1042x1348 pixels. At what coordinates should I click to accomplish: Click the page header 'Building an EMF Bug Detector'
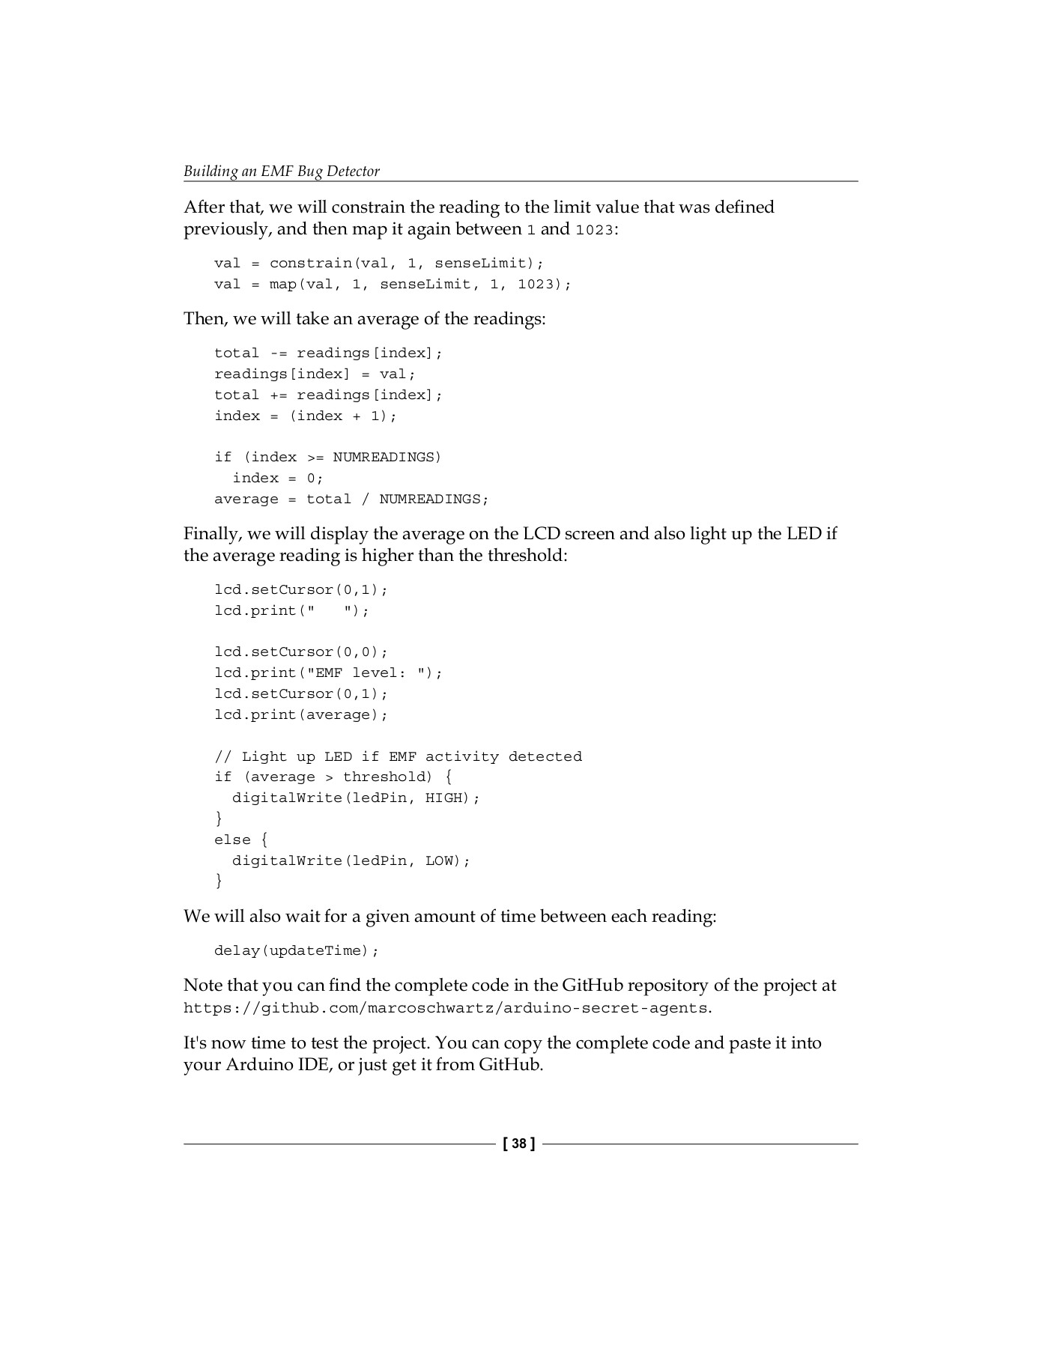pyautogui.click(x=282, y=171)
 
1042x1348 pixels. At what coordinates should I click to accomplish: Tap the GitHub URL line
pyautogui.click(x=445, y=1008)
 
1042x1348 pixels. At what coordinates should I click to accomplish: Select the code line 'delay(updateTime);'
pyautogui.click(x=297, y=950)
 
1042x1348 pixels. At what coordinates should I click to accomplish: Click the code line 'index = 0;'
pyautogui.click(x=278, y=478)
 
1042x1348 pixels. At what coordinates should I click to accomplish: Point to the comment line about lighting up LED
pyautogui.click(x=398, y=756)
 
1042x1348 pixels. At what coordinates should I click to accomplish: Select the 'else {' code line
pyautogui.click(x=241, y=840)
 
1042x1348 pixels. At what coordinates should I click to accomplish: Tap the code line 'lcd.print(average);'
pyautogui.click(x=301, y=714)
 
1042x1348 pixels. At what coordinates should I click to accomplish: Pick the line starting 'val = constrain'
pyautogui.click(x=379, y=263)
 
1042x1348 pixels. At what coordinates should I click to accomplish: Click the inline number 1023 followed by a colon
pyautogui.click(x=594, y=230)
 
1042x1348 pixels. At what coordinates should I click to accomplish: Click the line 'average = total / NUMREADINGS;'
pyautogui.click(x=351, y=499)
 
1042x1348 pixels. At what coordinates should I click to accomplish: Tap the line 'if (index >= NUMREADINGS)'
pyautogui.click(x=328, y=457)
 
